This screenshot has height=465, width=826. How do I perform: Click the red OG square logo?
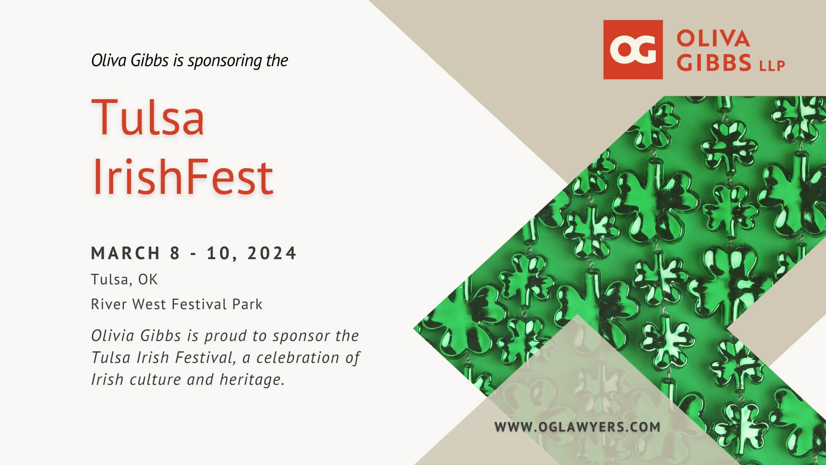coord(633,50)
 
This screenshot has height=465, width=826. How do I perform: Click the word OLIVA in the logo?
coord(713,39)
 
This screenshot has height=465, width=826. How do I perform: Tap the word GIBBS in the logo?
coord(714,63)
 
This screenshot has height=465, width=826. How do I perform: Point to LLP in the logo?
coord(772,66)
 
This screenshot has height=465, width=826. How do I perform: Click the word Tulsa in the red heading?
coord(148,117)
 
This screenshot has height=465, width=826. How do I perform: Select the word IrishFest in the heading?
coord(183,176)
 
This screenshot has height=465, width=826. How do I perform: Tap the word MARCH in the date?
coord(126,253)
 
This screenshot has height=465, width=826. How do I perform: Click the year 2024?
coord(272,253)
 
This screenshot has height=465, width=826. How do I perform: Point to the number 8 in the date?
coord(175,253)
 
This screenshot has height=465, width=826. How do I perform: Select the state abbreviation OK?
coord(148,279)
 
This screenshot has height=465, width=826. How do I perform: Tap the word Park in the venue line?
coord(247,304)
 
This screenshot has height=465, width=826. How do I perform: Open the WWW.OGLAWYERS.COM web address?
coord(577,427)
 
